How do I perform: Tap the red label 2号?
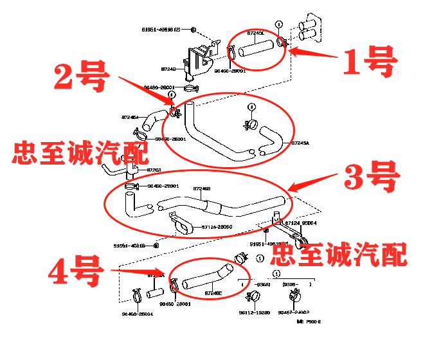82,78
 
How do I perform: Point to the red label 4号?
75,272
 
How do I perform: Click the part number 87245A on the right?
300,143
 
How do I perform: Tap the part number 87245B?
203,189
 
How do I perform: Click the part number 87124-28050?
217,227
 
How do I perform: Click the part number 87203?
154,170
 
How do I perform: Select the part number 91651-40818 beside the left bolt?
129,246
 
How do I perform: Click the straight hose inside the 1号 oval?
256,47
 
